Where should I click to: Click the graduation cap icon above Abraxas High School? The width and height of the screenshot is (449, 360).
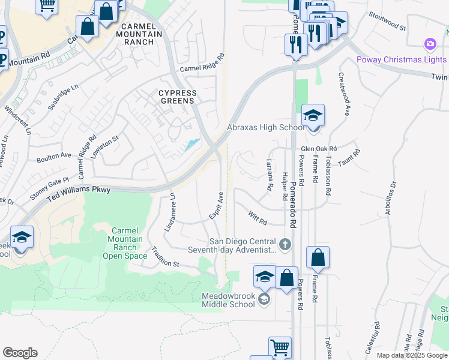313,114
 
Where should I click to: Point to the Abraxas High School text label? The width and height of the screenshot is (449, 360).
265,127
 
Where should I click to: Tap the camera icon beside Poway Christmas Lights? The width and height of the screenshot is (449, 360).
429,44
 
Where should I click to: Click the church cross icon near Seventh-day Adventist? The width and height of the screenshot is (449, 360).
285,244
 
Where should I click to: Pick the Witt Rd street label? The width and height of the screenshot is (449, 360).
257,217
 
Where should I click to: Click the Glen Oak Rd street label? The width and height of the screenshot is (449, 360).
319,148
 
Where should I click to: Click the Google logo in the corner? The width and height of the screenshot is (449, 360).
20,353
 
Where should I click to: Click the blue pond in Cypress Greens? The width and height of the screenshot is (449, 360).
191,144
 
